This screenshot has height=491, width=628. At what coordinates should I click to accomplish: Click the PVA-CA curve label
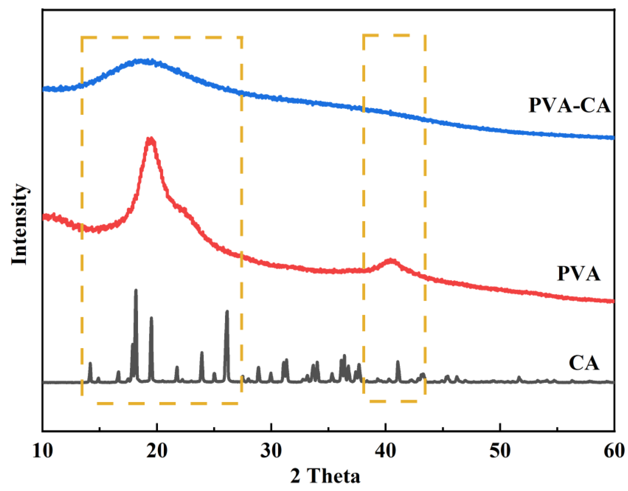tap(569, 105)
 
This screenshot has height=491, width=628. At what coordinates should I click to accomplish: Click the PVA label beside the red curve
tap(579, 273)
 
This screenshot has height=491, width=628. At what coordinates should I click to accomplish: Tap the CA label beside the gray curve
tap(584, 363)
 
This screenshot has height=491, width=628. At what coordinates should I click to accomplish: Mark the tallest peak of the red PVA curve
tap(150, 140)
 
